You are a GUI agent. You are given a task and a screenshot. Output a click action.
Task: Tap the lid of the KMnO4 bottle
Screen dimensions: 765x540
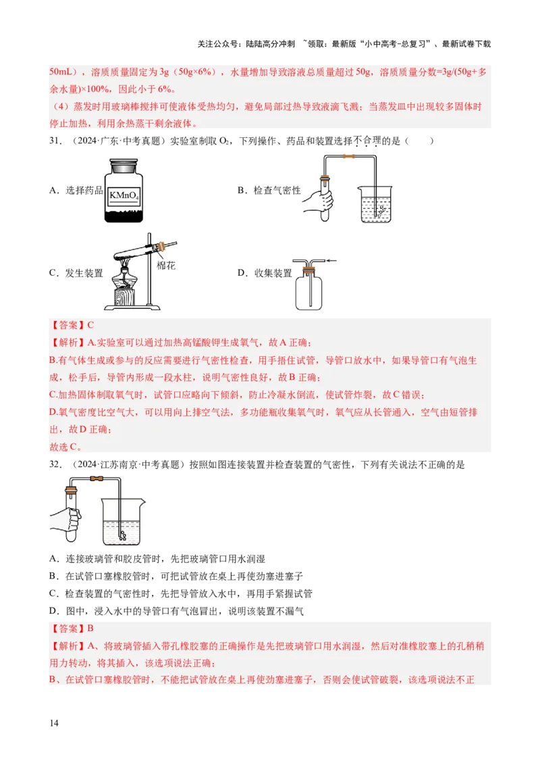pyautogui.click(x=124, y=163)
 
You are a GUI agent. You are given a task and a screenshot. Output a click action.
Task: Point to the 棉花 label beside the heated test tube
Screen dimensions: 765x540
pyautogui.click(x=166, y=266)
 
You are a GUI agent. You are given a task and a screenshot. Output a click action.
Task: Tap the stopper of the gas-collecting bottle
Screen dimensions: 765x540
pyautogui.click(x=309, y=271)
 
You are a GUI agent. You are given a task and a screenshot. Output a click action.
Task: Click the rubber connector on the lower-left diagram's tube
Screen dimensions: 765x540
pyautogui.click(x=97, y=481)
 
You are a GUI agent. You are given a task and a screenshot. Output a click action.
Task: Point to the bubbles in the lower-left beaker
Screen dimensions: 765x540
pyautogui.click(x=124, y=534)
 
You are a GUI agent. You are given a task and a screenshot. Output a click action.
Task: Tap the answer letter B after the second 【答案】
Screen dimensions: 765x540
pyautogui.click(x=90, y=628)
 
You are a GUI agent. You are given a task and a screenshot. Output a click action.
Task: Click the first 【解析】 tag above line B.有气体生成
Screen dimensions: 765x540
pyautogui.click(x=68, y=343)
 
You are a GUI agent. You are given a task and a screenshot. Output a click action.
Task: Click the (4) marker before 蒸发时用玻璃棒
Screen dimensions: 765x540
pyautogui.click(x=58, y=107)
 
